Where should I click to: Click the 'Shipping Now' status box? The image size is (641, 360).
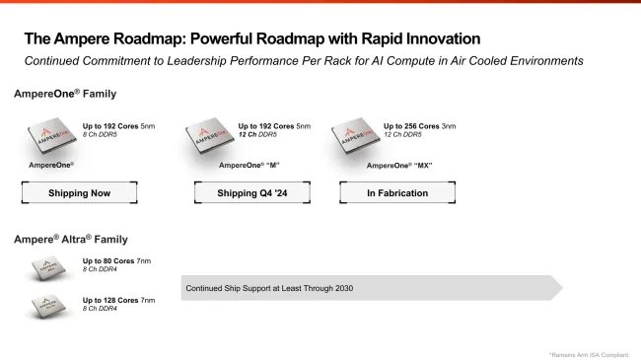(79, 193)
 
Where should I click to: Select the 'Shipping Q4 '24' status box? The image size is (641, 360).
(251, 193)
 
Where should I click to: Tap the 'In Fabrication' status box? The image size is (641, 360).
(397, 193)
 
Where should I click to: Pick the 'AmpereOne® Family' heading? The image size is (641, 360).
(65, 94)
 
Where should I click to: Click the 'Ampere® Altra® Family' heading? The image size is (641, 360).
(70, 239)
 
